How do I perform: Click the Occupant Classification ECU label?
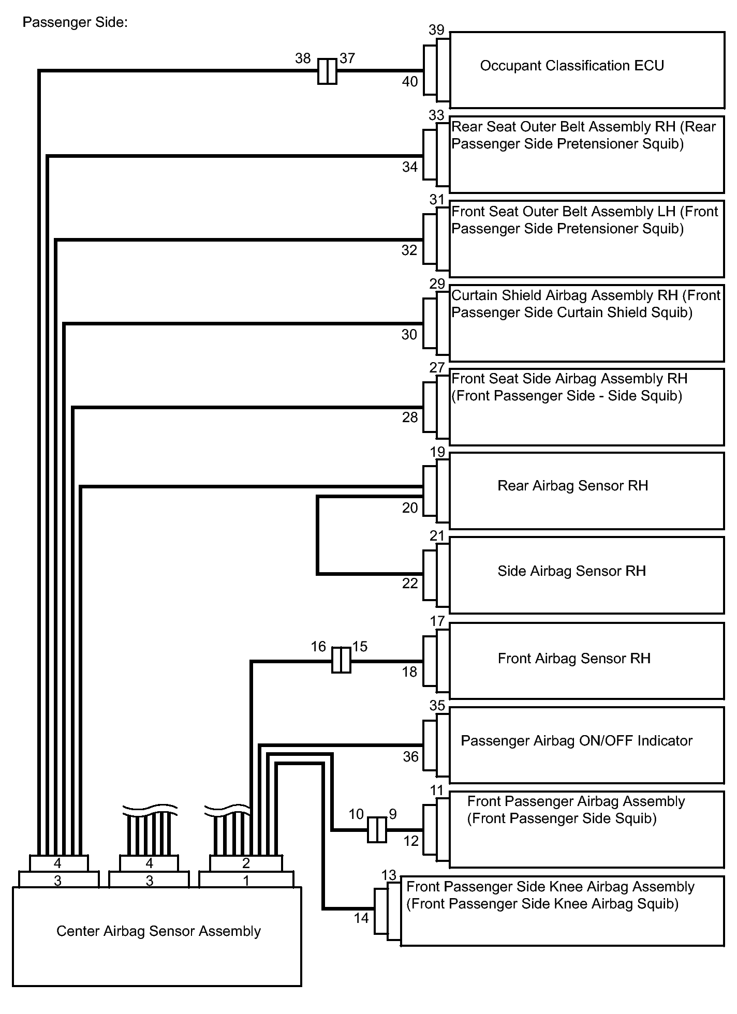pyautogui.click(x=572, y=66)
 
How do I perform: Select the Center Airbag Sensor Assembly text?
pyautogui.click(x=158, y=931)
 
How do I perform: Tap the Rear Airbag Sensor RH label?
pyautogui.click(x=573, y=486)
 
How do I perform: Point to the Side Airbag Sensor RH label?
pyautogui.click(x=572, y=571)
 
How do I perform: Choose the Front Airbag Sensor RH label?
pyautogui.click(x=574, y=659)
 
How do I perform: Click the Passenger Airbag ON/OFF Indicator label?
pyautogui.click(x=577, y=741)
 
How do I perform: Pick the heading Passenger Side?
pyautogui.click(x=75, y=23)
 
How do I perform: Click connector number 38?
pyautogui.click(x=303, y=58)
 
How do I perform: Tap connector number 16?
pyautogui.click(x=318, y=647)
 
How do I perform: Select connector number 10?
pyautogui.click(x=356, y=814)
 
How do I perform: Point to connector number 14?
pyautogui.click(x=361, y=918)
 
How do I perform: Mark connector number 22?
pyautogui.click(x=410, y=584)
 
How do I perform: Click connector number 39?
pyautogui.click(x=437, y=30)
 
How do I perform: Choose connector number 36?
pyautogui.click(x=410, y=757)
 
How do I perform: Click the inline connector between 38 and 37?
pyautogui.click(x=327, y=71)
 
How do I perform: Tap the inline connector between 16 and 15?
pyautogui.click(x=341, y=660)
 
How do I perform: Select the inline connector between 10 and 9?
pyautogui.click(x=377, y=830)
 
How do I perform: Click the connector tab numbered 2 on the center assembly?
pyautogui.click(x=246, y=863)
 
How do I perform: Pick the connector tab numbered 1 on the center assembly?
pyautogui.click(x=246, y=880)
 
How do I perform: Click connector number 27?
pyautogui.click(x=437, y=368)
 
